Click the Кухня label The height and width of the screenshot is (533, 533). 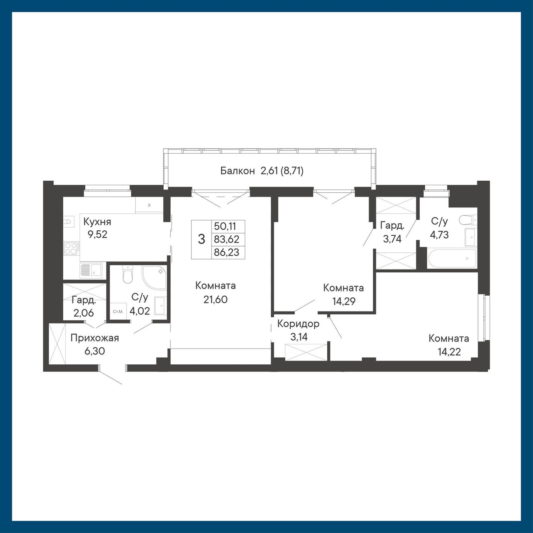click(x=97, y=222)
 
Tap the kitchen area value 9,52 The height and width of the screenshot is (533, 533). click(x=97, y=234)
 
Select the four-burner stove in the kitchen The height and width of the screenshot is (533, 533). click(x=72, y=248)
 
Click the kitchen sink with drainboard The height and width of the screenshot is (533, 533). click(x=91, y=270)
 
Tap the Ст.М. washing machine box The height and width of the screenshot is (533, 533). click(x=118, y=312)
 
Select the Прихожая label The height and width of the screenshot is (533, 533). click(x=95, y=338)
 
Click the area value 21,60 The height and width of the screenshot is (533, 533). click(x=215, y=299)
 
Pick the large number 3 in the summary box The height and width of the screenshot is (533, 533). click(x=202, y=239)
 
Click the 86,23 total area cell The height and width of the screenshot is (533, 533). click(x=227, y=252)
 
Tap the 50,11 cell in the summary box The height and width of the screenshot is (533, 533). click(x=225, y=226)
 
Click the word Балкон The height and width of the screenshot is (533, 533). click(x=237, y=171)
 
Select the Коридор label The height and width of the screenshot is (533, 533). click(x=298, y=324)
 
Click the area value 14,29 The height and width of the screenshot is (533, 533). click(x=344, y=301)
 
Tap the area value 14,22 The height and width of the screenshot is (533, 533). click(x=449, y=352)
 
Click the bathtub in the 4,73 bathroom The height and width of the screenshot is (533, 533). click(x=451, y=259)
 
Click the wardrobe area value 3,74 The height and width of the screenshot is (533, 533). click(x=392, y=239)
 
